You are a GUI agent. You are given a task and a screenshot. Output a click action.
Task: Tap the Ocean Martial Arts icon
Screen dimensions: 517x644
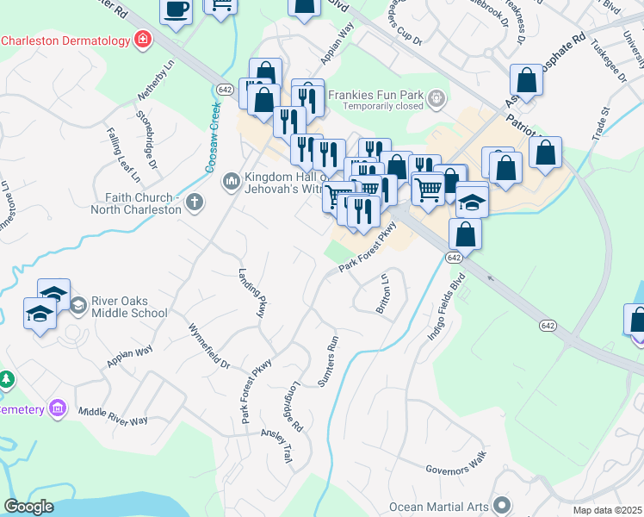504,506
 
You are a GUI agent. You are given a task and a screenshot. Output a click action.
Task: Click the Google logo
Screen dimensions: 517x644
28,507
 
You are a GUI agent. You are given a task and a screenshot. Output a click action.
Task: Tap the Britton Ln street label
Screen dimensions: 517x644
384,294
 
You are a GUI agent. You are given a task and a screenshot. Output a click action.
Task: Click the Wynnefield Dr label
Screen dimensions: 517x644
210,346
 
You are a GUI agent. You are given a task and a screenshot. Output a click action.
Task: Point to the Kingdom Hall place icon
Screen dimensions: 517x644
230,181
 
